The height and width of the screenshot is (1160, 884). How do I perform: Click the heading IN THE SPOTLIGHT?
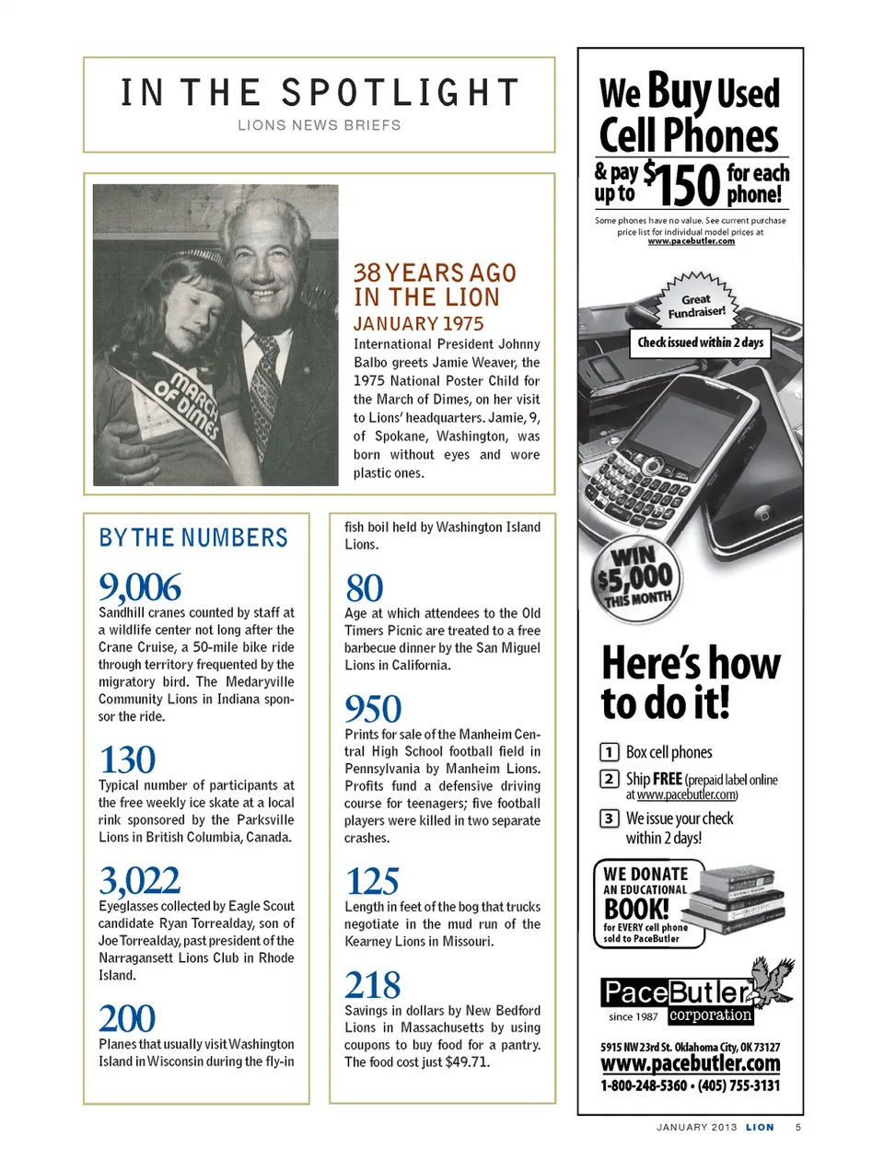tap(320, 93)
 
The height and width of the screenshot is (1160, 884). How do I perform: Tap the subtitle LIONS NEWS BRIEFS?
tap(320, 125)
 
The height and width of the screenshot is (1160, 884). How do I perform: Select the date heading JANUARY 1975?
tap(418, 324)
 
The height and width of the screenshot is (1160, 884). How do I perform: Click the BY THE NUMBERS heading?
tap(193, 538)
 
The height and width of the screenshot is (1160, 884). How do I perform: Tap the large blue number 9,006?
tap(140, 587)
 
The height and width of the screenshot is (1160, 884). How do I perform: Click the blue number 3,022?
tap(139, 881)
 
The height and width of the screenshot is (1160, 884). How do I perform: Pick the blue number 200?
tap(127, 1019)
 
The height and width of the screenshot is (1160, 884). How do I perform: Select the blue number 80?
tap(364, 588)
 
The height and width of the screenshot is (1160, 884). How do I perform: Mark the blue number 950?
tap(373, 709)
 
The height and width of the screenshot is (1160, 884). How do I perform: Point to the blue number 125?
tap(372, 882)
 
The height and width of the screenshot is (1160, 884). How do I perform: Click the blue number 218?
tap(372, 985)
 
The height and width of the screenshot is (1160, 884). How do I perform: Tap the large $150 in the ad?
tap(681, 184)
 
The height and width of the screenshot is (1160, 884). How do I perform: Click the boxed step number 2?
tap(609, 779)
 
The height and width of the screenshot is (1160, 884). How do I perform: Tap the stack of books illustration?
tap(739, 898)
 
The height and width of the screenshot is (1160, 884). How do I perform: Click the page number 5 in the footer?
tap(798, 1127)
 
